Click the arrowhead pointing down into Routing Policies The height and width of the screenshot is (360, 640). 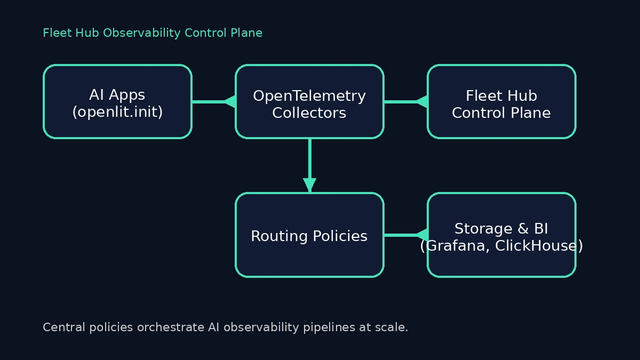[x=309, y=185]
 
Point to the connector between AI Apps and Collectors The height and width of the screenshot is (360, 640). [x=208, y=101]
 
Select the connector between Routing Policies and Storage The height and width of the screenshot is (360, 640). [x=400, y=235]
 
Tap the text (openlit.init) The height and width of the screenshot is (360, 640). [x=117, y=112]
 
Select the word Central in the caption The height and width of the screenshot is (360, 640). [x=60, y=327]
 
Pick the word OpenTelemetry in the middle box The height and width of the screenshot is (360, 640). [x=309, y=96]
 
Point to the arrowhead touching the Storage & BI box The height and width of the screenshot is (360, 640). [x=422, y=235]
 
